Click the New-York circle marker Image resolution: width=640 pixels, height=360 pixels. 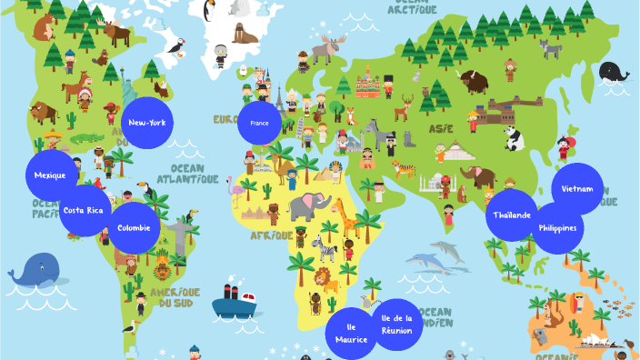click(x=146, y=122)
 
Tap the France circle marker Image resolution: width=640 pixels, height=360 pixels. click(x=260, y=122)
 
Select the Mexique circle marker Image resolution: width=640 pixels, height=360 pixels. click(x=51, y=175)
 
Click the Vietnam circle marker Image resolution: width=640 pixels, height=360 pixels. click(x=577, y=189)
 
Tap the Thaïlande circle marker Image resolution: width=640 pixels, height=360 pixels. click(x=513, y=215)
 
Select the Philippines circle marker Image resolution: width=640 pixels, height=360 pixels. click(x=557, y=227)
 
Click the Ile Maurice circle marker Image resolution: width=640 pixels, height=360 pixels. click(x=351, y=333)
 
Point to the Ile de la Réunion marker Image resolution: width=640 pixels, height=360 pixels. click(x=397, y=324)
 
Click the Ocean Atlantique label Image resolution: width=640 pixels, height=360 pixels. click(x=188, y=174)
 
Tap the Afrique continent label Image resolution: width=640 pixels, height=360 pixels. click(x=271, y=235)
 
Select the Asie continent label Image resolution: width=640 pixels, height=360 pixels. click(x=441, y=128)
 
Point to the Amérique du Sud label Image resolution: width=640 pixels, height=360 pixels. click(x=173, y=296)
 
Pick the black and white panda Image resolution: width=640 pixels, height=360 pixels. click(x=514, y=138)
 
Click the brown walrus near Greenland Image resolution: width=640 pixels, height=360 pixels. click(x=245, y=35)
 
